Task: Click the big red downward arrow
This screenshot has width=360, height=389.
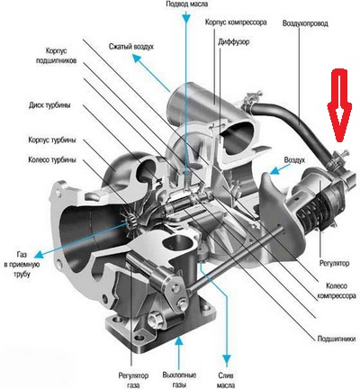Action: pos(339,105)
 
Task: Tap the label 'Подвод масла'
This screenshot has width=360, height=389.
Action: pos(186,5)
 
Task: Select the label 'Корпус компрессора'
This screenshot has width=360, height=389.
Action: pos(236,22)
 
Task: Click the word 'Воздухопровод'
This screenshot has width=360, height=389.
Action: pos(305,23)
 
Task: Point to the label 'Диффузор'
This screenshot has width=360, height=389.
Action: pos(233,41)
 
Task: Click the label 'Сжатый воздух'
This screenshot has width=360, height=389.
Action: pos(131,47)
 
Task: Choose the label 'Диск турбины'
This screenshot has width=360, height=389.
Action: pos(50,105)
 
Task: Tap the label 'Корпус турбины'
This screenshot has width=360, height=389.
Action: pos(52,140)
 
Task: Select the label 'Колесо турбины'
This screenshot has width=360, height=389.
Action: pos(52,159)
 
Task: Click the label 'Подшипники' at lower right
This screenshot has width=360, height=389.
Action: pos(337,339)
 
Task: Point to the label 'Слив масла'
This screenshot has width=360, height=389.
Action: pos(226,380)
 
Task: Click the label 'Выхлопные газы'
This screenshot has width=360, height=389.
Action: pos(179,380)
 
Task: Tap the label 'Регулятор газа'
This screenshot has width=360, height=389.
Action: pos(133,380)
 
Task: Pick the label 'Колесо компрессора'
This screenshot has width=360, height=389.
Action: pos(337,291)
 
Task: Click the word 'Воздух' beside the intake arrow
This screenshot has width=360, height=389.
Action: pos(294,160)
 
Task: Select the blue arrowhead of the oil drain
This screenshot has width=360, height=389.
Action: pos(227,359)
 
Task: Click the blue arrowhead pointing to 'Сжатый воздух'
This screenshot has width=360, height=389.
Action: pos(138,59)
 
